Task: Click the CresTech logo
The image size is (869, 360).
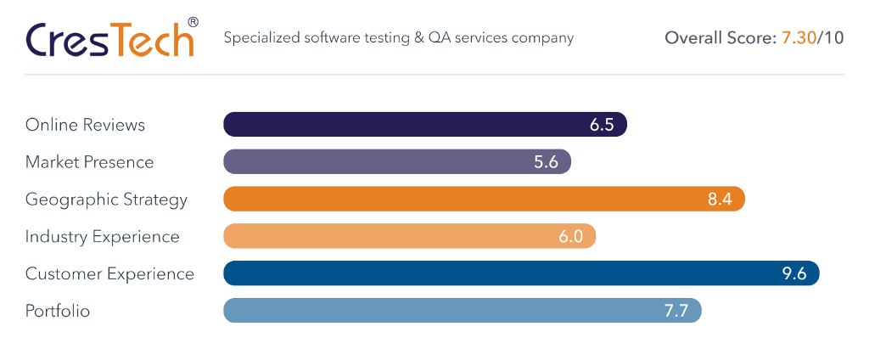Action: [x=109, y=39]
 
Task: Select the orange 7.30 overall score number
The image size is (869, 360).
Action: [x=797, y=38]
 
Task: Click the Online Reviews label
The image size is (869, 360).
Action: [x=85, y=125]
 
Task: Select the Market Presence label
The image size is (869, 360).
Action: [x=89, y=162]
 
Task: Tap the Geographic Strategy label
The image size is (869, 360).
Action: [x=106, y=200]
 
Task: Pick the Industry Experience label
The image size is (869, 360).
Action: [x=102, y=236]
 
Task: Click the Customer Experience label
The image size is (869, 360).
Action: [x=109, y=273]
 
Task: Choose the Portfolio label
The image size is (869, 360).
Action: [x=58, y=311]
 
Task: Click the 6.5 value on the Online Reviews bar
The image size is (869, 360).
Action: [x=602, y=125]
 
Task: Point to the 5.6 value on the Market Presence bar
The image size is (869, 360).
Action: [x=546, y=162]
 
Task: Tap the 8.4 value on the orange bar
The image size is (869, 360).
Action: [x=720, y=200]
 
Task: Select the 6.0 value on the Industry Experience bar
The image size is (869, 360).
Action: [x=570, y=236]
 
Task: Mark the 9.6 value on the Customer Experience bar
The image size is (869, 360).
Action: [x=793, y=273]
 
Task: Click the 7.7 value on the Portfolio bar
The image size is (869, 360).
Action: [x=676, y=311]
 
